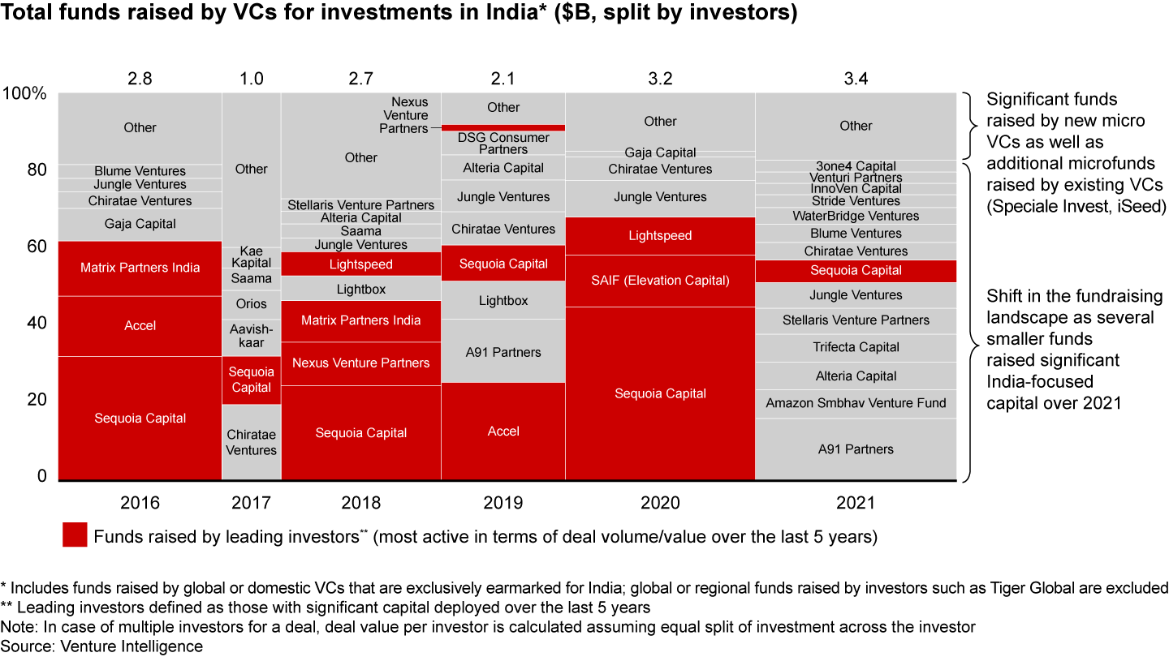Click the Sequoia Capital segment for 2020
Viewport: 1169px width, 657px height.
[x=660, y=393]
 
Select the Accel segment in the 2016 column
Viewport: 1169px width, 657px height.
[x=140, y=326]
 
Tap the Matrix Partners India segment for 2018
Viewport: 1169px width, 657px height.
[x=360, y=320]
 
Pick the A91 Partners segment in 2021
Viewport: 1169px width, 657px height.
[x=856, y=449]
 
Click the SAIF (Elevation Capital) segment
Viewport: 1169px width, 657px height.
[x=660, y=281]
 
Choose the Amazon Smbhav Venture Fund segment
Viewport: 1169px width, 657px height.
[x=856, y=403]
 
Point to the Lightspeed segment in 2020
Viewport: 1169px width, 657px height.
[x=660, y=236]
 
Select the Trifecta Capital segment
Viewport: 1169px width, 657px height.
[x=856, y=347]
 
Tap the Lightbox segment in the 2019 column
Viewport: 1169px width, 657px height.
[x=503, y=301]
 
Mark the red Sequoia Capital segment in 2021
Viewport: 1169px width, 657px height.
[x=856, y=271]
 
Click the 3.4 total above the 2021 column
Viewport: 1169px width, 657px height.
[x=856, y=79]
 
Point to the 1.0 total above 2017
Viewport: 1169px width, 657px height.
[x=251, y=79]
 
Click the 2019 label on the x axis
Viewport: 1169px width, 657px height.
[x=503, y=503]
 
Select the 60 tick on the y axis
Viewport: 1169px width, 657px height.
[x=37, y=247]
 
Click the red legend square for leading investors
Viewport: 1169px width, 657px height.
[x=75, y=535]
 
